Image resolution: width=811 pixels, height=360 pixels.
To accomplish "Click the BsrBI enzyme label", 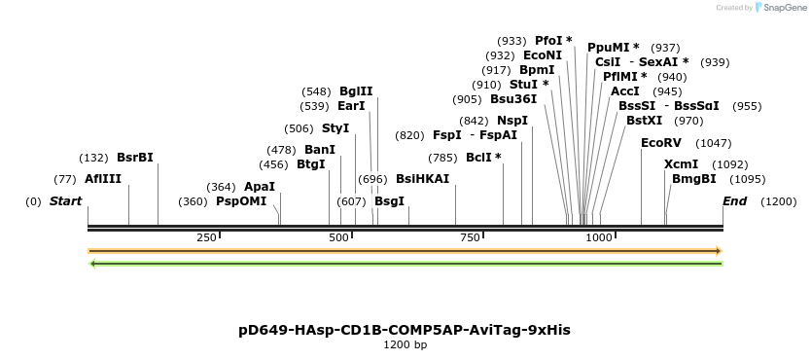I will click(135, 158).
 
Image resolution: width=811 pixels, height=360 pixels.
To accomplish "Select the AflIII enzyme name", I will click(103, 179).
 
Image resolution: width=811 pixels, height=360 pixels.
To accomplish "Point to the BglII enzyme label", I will click(356, 91).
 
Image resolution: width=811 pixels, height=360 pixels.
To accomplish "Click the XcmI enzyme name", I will click(682, 164).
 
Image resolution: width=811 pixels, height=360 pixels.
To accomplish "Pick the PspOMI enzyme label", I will click(241, 201).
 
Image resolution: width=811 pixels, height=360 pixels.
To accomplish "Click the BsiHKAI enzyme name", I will click(423, 179).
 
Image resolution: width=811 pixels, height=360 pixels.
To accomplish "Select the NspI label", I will click(512, 121).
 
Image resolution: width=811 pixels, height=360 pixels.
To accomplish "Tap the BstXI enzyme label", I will click(644, 121).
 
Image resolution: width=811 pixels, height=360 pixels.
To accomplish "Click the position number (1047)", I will click(714, 142).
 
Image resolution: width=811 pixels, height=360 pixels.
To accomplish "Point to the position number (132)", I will click(93, 158).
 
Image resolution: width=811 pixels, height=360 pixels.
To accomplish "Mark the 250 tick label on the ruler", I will click(207, 237).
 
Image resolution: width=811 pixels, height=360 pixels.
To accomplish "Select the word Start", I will click(66, 201).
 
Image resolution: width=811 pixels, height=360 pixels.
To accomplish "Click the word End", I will click(735, 201).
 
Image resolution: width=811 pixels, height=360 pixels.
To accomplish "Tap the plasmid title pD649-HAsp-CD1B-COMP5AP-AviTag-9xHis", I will click(405, 330).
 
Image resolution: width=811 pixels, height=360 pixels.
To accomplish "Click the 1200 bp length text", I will click(405, 345).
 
